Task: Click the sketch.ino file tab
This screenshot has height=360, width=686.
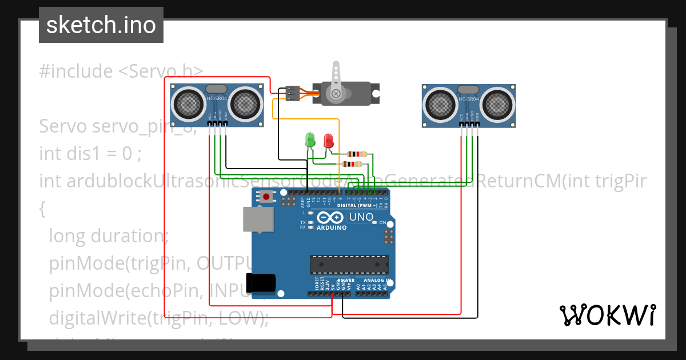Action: pyautogui.click(x=101, y=25)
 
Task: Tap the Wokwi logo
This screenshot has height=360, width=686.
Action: pyautogui.click(x=607, y=315)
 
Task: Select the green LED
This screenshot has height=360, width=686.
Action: pyautogui.click(x=310, y=139)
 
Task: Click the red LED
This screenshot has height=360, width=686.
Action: pyautogui.click(x=328, y=141)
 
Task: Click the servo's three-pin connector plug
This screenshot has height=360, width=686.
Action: pyautogui.click(x=292, y=93)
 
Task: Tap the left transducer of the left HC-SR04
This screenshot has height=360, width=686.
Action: pyautogui.click(x=189, y=103)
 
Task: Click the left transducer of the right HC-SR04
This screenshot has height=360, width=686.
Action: pyautogui.click(x=440, y=105)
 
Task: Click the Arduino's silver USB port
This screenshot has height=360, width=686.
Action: pyautogui.click(x=258, y=219)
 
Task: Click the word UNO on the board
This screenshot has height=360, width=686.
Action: pyautogui.click(x=361, y=217)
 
